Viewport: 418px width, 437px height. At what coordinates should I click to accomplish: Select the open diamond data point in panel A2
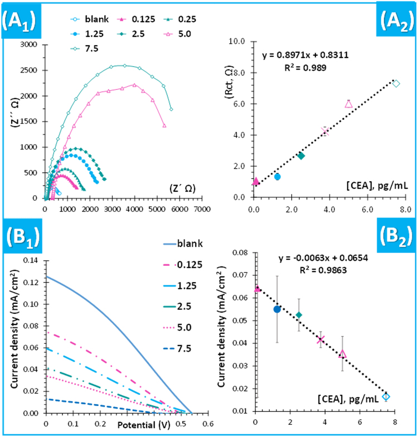tap(396, 84)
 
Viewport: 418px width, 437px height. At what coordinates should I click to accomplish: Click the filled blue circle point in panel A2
tap(278, 177)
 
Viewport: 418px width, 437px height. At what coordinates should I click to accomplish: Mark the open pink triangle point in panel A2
tap(348, 104)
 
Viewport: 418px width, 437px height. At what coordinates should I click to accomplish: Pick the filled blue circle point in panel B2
tap(277, 309)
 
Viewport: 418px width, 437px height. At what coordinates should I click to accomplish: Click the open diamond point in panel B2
tap(386, 396)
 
